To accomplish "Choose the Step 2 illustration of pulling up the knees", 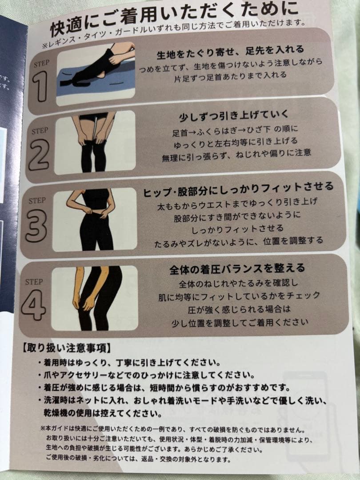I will point(95,141).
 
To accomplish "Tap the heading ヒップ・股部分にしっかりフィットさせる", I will point(237,194).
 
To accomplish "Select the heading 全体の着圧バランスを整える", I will point(237,268).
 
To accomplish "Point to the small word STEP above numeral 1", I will point(42,63).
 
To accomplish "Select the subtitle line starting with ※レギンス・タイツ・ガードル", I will point(173,33).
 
